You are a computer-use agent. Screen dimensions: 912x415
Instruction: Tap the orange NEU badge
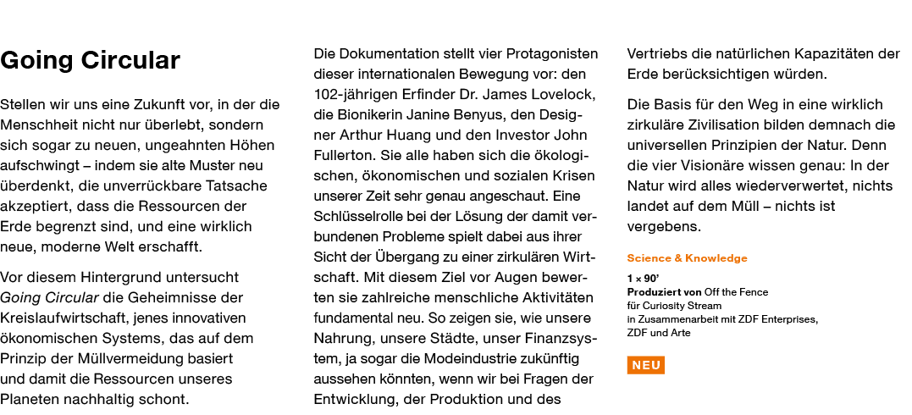(645, 365)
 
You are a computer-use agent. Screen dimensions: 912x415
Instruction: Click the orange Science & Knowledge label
(687, 258)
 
